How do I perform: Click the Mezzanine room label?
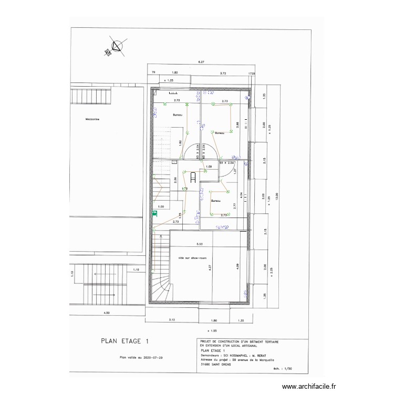click(x=92, y=119)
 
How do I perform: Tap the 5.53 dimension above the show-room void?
click(x=199, y=244)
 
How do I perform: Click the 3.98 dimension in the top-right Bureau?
click(x=237, y=125)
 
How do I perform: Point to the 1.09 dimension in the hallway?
click(x=209, y=167)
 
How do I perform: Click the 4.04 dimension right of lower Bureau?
click(x=241, y=195)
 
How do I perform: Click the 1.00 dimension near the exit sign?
click(x=161, y=207)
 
